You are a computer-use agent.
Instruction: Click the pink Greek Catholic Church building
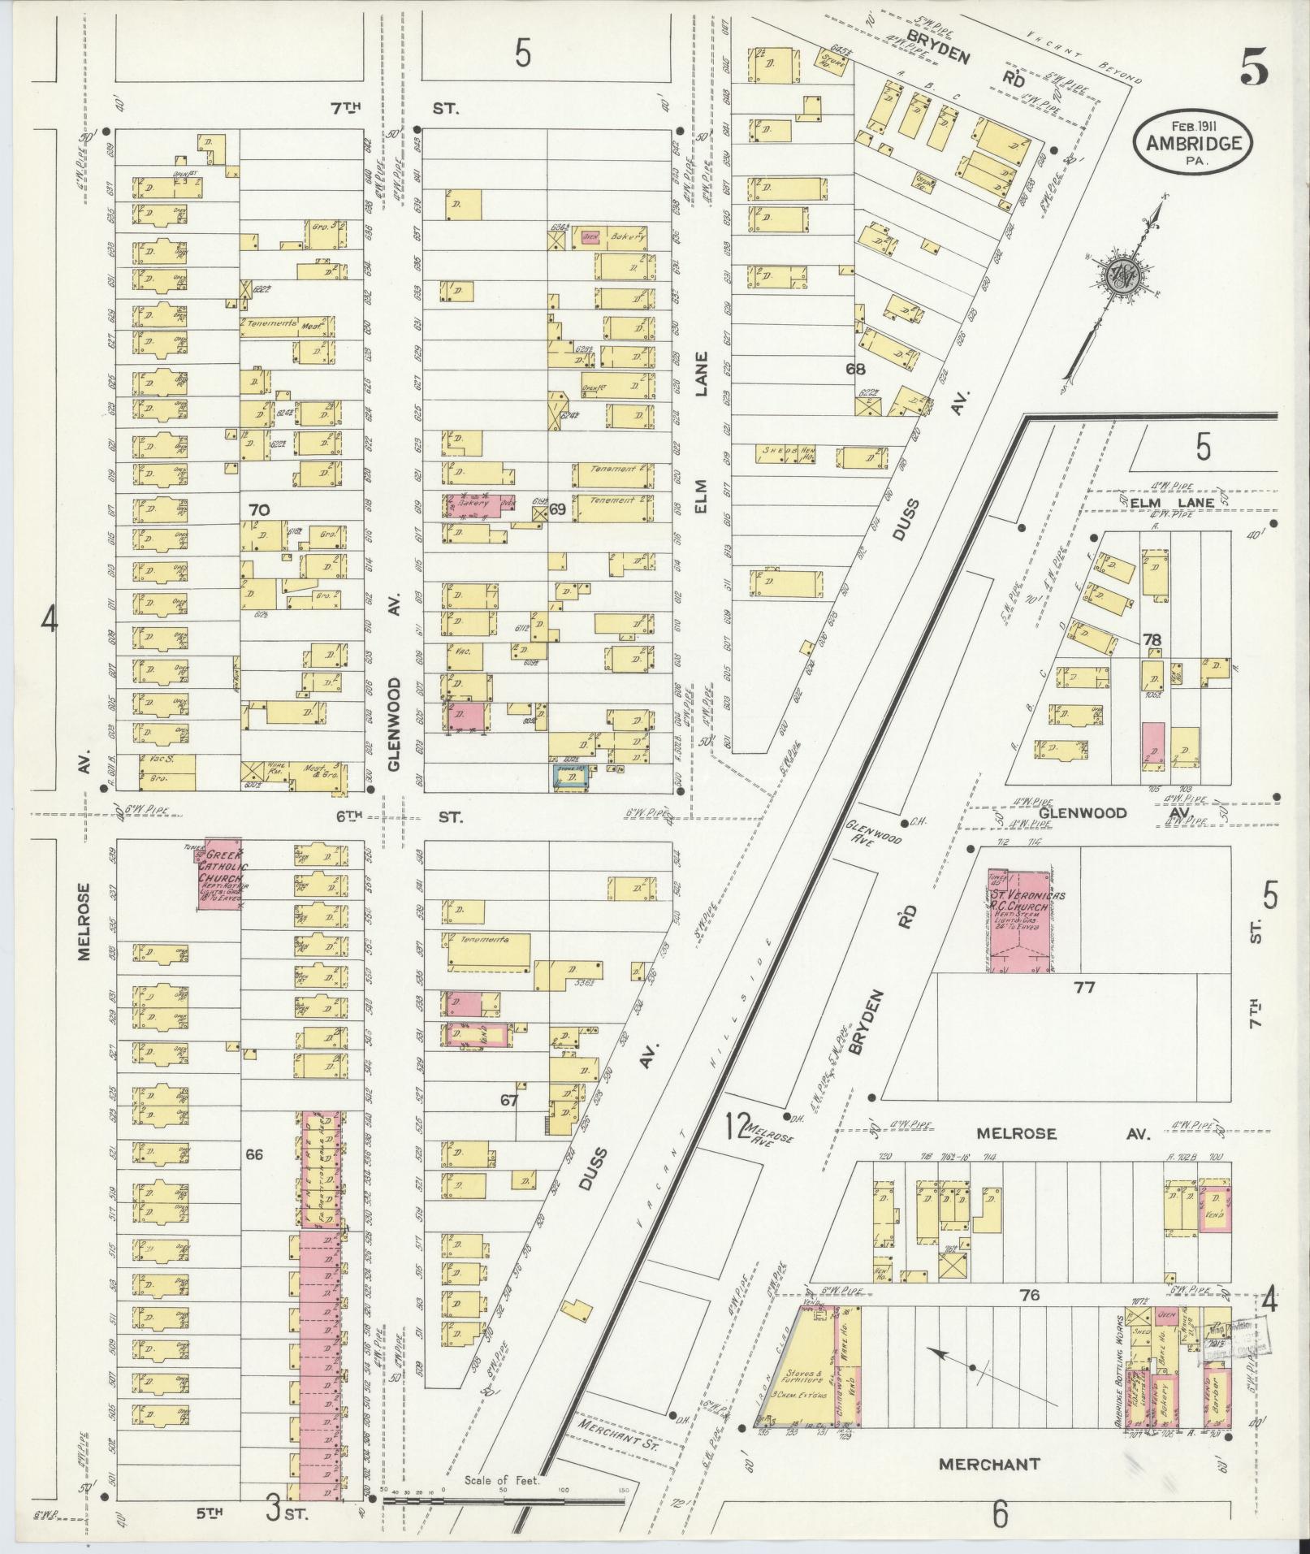(221, 873)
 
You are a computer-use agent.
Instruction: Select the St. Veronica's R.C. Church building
(1018, 920)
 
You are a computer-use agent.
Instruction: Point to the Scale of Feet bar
(504, 1501)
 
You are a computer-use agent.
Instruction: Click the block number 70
(259, 510)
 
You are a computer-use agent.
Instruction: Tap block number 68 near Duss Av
(855, 368)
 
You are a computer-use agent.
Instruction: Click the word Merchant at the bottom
(988, 1464)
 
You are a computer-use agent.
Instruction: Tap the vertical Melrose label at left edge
(84, 922)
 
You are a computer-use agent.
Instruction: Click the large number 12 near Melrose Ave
(736, 1127)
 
